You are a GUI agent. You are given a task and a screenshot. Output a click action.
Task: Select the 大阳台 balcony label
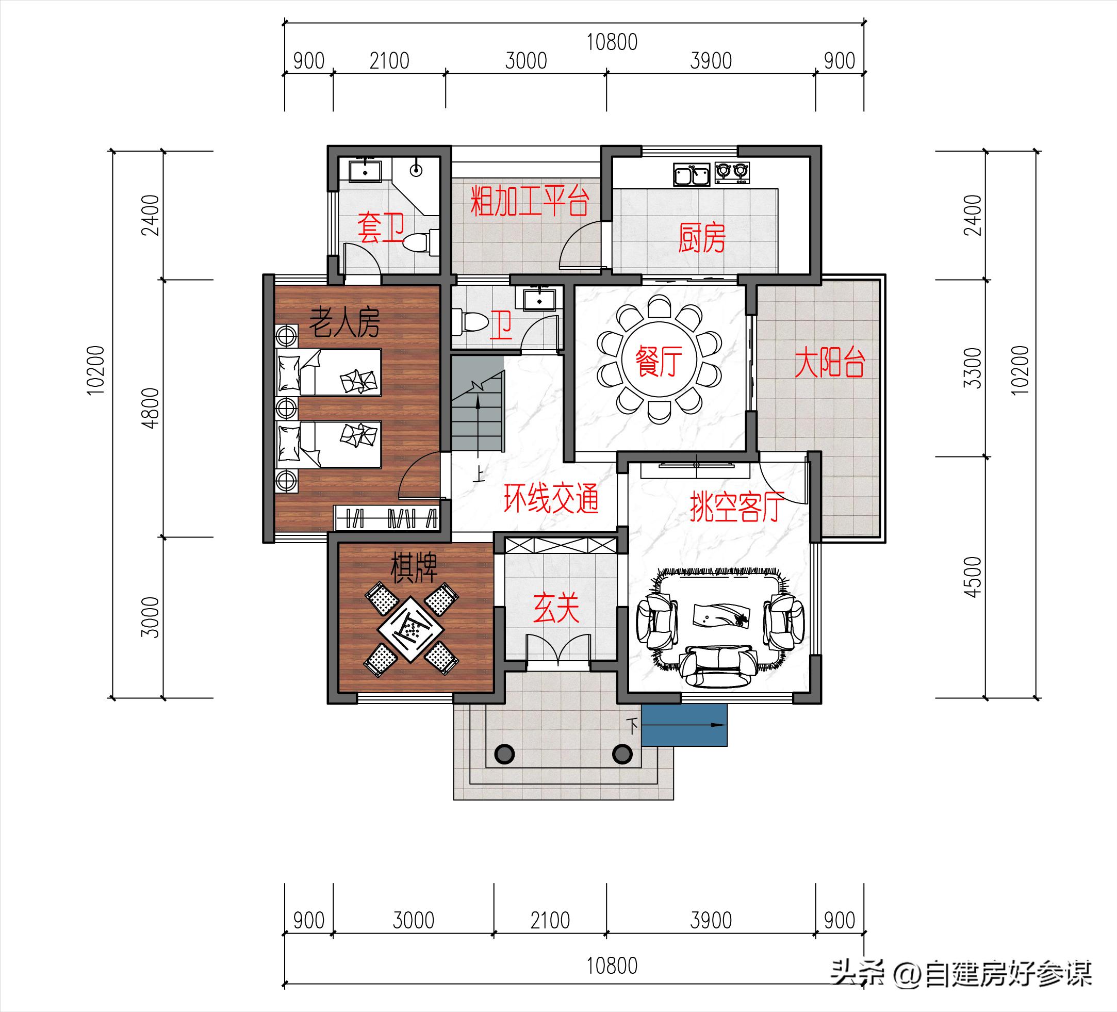(x=829, y=364)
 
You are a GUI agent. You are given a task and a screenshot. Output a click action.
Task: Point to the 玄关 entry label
(x=556, y=608)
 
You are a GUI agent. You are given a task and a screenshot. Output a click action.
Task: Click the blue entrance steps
(x=684, y=725)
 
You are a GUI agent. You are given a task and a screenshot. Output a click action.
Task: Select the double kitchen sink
(x=692, y=174)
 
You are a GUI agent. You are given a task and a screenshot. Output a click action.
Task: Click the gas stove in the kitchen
(x=732, y=173)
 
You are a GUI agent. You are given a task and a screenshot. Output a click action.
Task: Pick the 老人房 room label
(x=344, y=322)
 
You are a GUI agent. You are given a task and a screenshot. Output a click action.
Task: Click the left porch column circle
(x=504, y=754)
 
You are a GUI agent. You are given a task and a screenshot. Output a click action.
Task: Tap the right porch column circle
(x=622, y=754)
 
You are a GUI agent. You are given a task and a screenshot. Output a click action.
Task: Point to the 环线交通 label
(x=551, y=498)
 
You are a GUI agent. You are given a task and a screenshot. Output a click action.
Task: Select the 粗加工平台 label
(x=529, y=201)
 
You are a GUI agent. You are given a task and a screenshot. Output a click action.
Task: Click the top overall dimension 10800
(x=612, y=42)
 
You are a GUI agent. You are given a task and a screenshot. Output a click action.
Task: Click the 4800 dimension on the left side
(x=151, y=408)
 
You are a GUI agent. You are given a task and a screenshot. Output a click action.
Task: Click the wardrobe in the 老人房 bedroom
(x=387, y=518)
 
